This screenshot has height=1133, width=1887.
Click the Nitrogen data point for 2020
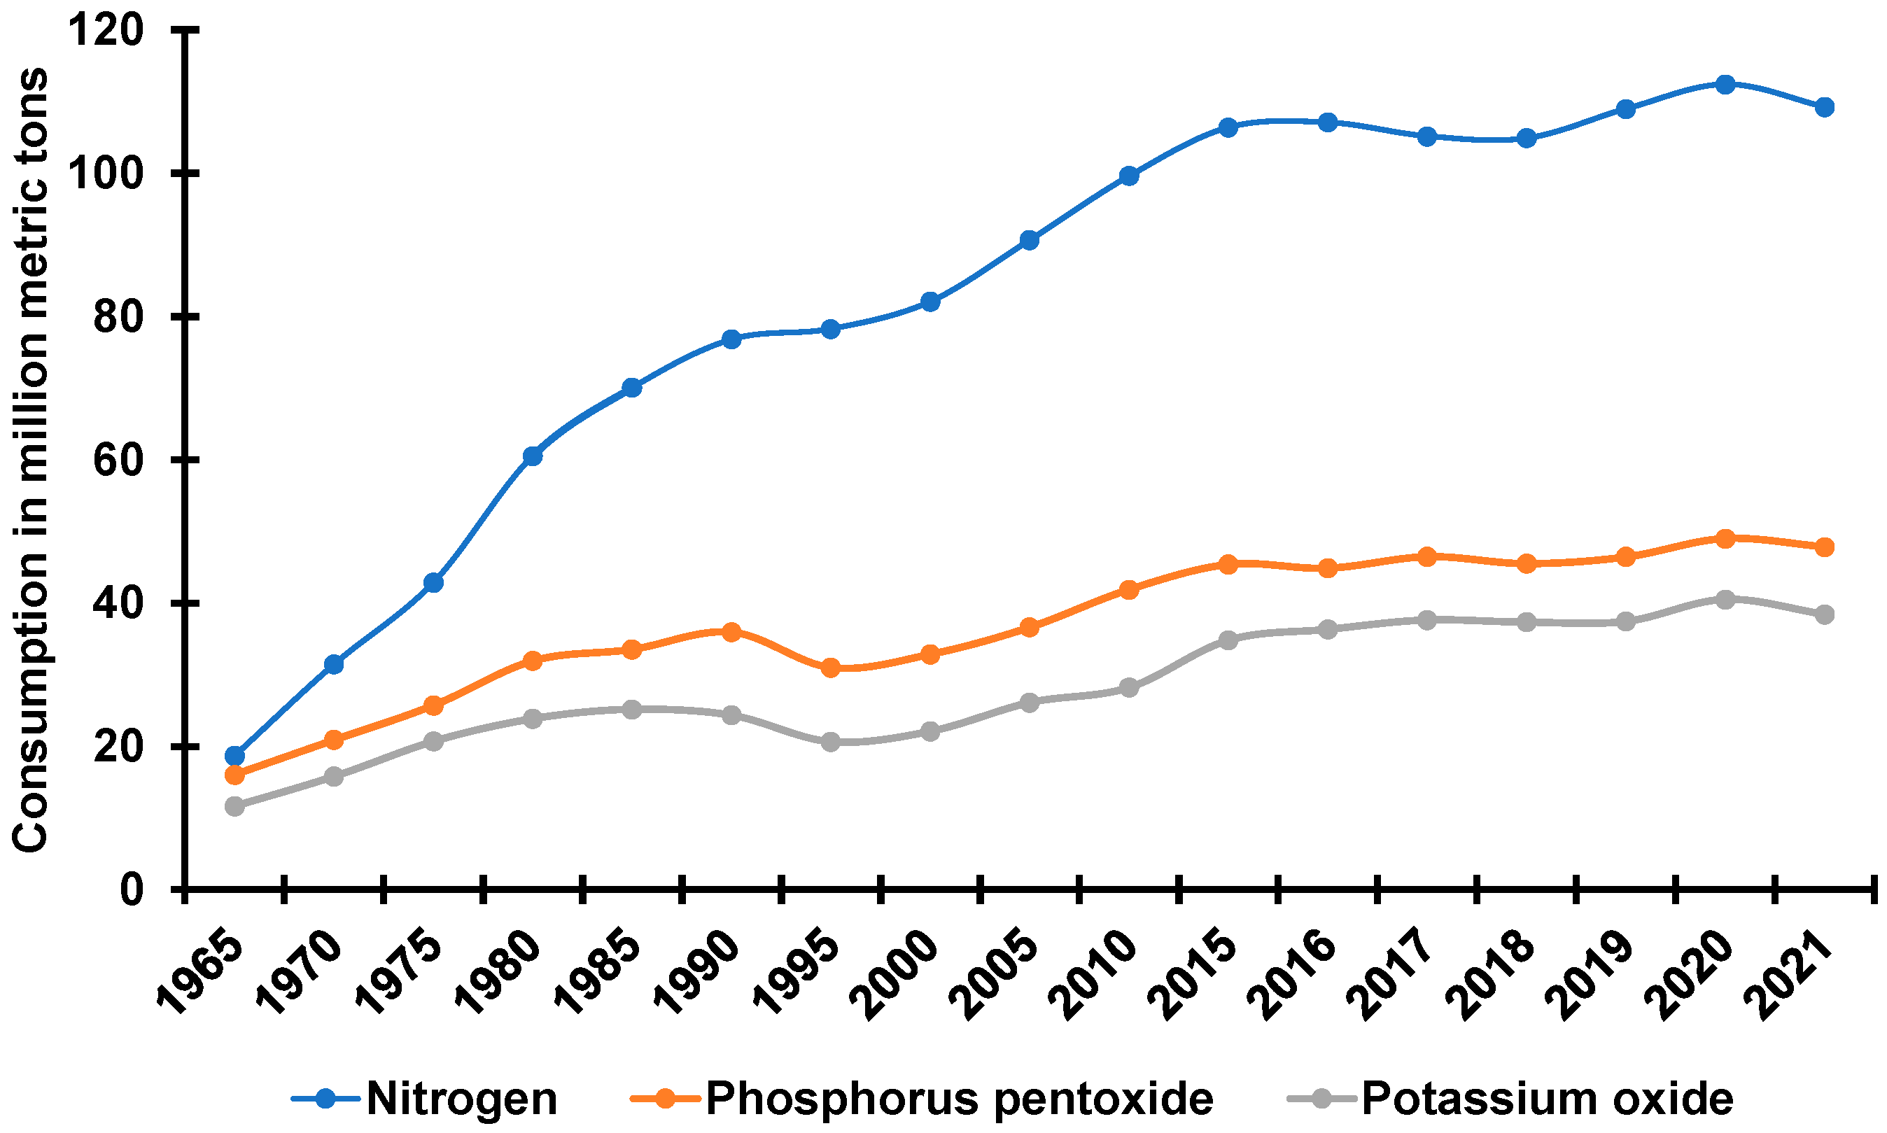[x=1725, y=84]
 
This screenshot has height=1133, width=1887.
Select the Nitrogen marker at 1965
[x=234, y=756]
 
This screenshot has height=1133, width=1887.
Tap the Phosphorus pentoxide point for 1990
[x=731, y=631]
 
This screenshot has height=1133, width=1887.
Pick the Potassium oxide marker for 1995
[x=831, y=741]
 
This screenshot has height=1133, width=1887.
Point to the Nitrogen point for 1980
[x=533, y=456]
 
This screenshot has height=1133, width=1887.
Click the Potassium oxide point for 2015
[x=1228, y=639]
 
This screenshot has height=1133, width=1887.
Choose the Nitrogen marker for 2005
[x=1029, y=240]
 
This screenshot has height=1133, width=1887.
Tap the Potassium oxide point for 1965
[x=234, y=806]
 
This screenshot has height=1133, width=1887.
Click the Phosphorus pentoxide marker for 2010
[x=1129, y=589]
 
